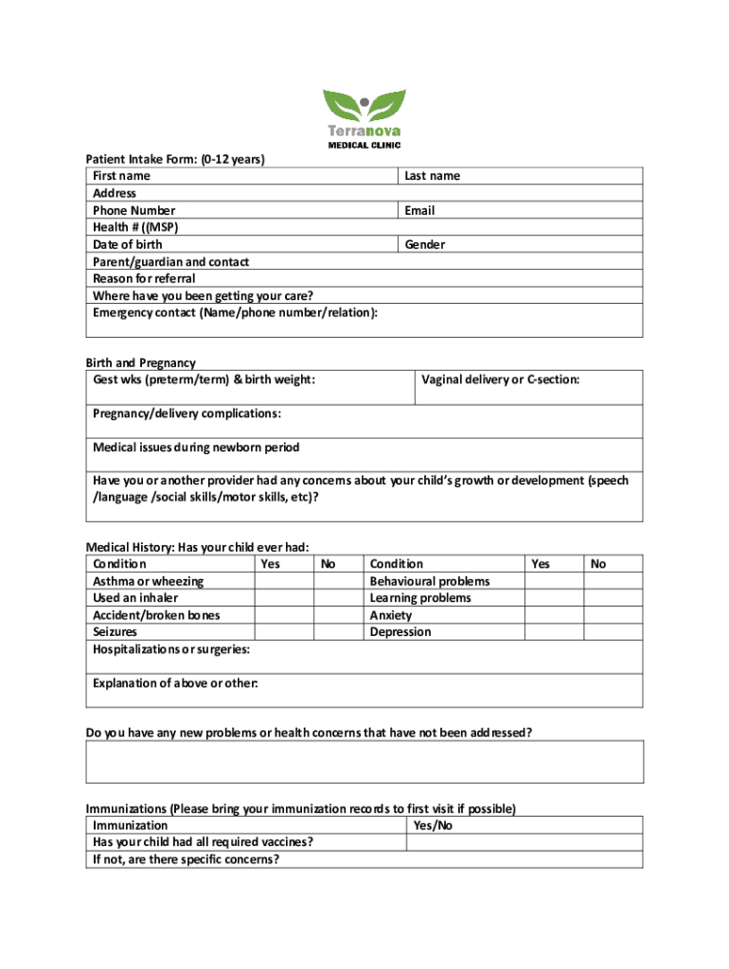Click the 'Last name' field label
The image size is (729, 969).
432,176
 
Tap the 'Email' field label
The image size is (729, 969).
419,211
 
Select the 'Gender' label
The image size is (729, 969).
424,245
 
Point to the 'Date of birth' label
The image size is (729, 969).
127,245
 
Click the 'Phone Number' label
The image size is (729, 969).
133,211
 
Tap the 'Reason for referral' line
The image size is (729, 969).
144,279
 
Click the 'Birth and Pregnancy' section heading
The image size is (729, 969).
141,362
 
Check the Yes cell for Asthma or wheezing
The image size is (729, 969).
284,581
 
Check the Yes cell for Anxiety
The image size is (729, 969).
555,615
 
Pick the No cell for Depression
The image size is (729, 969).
613,632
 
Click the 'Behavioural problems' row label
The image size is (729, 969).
430,581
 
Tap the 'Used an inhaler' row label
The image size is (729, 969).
135,598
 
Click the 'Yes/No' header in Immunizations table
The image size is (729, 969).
433,826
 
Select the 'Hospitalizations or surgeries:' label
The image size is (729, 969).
171,649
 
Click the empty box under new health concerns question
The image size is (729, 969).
364,762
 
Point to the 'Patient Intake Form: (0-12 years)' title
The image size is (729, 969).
175,159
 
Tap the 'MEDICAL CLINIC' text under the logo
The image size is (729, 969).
364,145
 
